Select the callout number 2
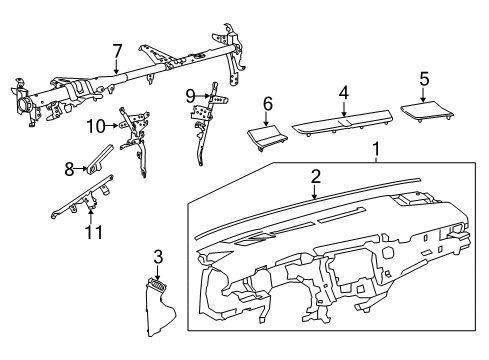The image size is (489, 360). click(x=315, y=176)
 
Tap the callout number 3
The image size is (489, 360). click(x=157, y=257)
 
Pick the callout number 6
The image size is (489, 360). click(x=267, y=103)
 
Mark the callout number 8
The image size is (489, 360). click(x=69, y=169)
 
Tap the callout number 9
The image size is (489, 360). click(x=188, y=96)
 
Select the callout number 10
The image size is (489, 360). click(x=95, y=125)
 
